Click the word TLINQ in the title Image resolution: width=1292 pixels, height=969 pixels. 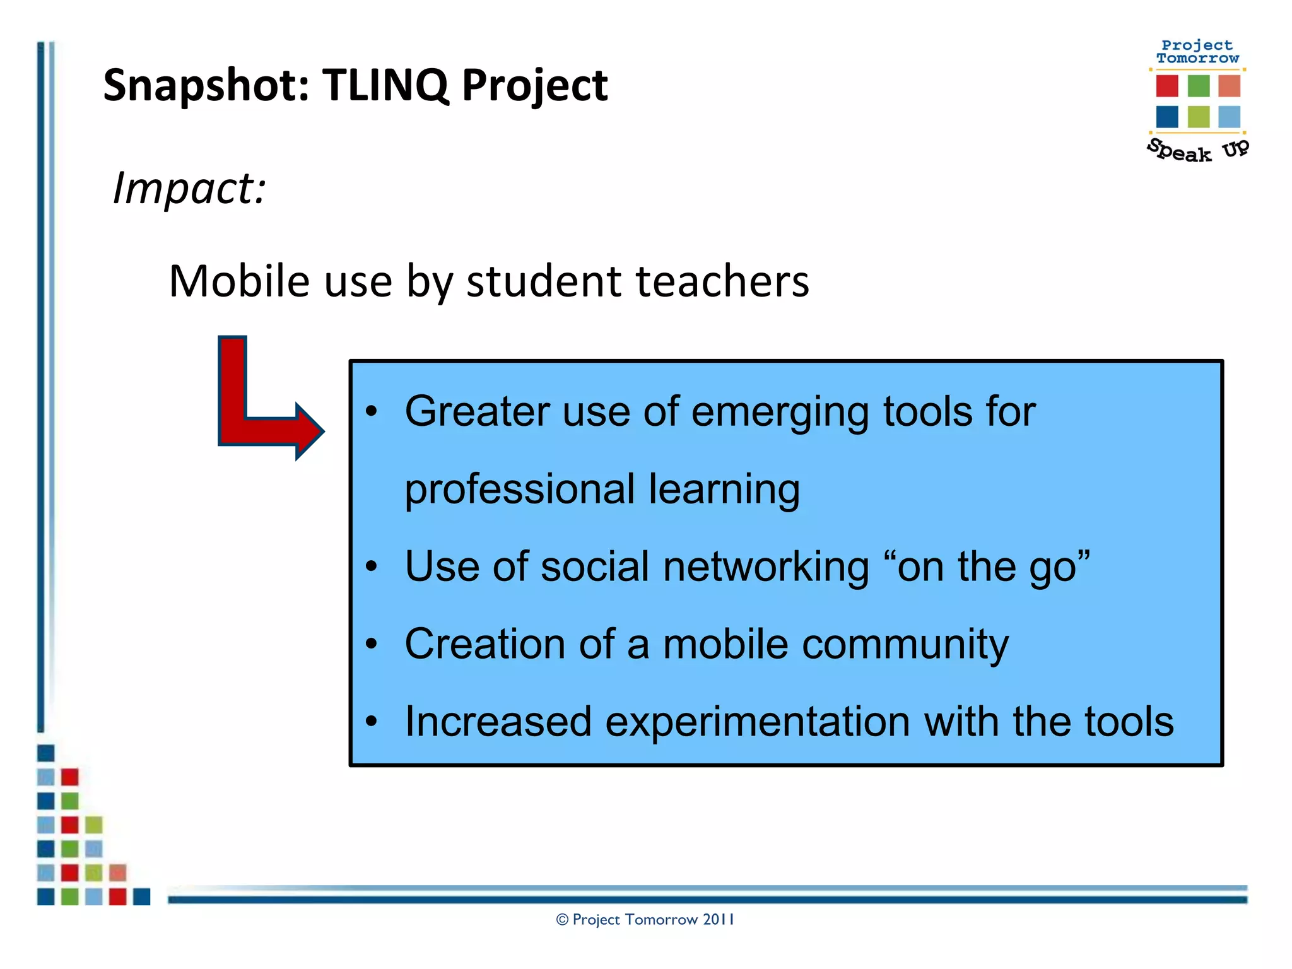385,85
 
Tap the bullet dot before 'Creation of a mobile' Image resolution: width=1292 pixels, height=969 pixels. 372,644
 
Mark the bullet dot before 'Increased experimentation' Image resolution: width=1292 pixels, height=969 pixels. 372,721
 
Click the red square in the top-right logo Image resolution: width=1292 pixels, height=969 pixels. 1167,86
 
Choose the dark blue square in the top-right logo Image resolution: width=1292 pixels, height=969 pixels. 1167,117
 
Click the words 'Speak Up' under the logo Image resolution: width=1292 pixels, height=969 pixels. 1197,151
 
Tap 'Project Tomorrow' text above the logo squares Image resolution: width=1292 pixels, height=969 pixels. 1197,52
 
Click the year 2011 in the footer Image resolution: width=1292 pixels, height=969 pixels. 718,920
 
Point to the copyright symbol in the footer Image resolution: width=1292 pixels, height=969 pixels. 562,920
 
